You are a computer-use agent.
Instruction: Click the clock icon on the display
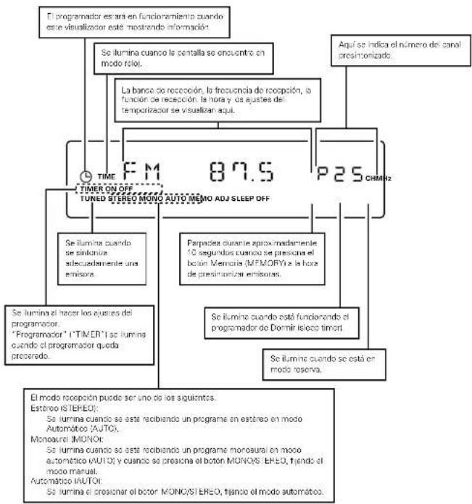(86, 175)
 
